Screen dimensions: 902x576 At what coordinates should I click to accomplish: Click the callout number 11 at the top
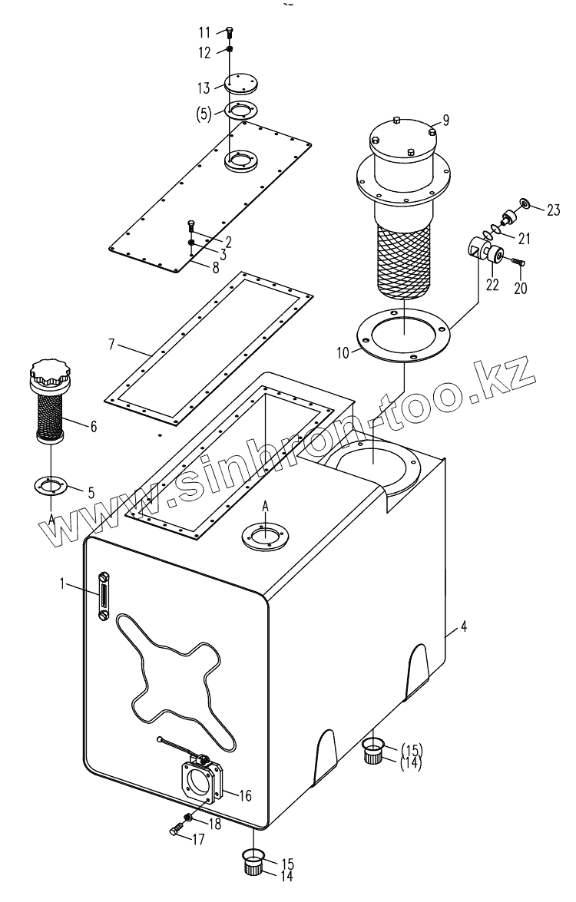[204, 32]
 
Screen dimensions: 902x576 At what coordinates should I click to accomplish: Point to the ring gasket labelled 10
[403, 335]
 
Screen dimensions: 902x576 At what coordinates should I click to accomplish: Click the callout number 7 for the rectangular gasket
[112, 344]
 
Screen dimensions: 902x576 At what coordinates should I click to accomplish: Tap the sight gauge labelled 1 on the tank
[103, 593]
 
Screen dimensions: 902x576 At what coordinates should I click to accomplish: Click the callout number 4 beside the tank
[464, 628]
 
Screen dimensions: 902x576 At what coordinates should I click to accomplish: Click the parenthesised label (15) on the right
[411, 749]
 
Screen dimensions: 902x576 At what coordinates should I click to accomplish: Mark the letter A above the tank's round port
[266, 505]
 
